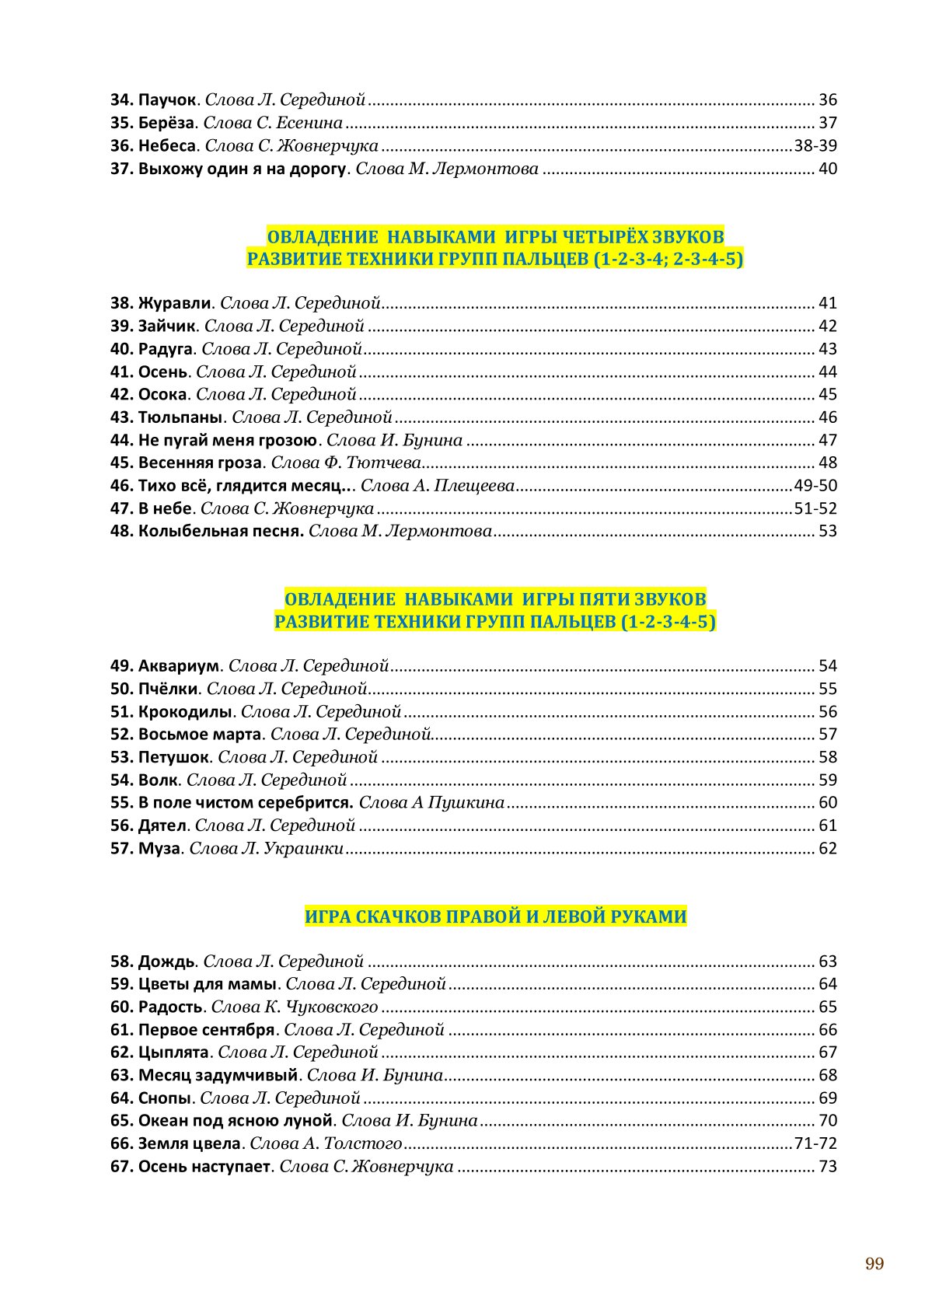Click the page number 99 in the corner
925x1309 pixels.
point(874,1263)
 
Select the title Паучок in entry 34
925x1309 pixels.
point(166,100)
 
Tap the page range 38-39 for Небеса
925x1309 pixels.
point(815,146)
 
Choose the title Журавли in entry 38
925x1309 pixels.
point(174,303)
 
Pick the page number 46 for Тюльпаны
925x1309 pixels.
point(828,417)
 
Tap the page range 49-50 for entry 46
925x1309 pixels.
point(815,486)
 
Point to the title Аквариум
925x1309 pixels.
point(179,666)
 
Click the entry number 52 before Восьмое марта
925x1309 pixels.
point(121,735)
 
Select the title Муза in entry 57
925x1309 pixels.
point(159,849)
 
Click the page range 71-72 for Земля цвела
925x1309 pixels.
point(815,1143)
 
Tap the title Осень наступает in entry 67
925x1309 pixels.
point(204,1167)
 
